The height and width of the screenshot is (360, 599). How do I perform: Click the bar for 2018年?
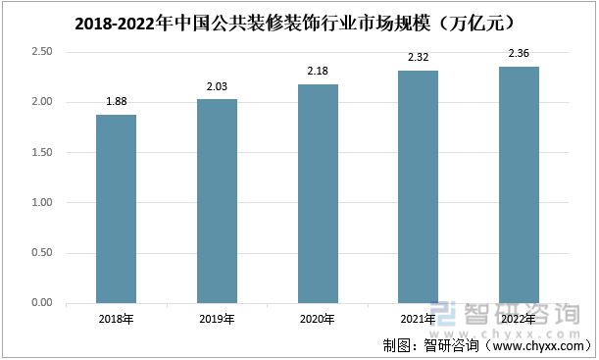pos(116,209)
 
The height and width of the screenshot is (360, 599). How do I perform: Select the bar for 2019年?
pos(217,201)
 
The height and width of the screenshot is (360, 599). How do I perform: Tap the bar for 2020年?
pos(318,194)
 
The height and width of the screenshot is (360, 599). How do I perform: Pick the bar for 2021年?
pos(419,186)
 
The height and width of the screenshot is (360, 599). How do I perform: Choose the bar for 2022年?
pos(519,184)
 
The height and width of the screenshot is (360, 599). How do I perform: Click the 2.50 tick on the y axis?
pos(40,52)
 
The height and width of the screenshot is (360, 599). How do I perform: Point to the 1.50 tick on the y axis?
pos(40,153)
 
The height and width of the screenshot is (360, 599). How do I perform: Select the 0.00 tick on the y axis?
pos(40,303)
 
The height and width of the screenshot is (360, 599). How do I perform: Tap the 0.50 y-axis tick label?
pos(40,253)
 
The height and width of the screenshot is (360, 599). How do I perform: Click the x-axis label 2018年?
pos(116,319)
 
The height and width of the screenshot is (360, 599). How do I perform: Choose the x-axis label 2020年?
pos(318,319)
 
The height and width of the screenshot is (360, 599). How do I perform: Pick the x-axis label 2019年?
pos(217,319)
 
